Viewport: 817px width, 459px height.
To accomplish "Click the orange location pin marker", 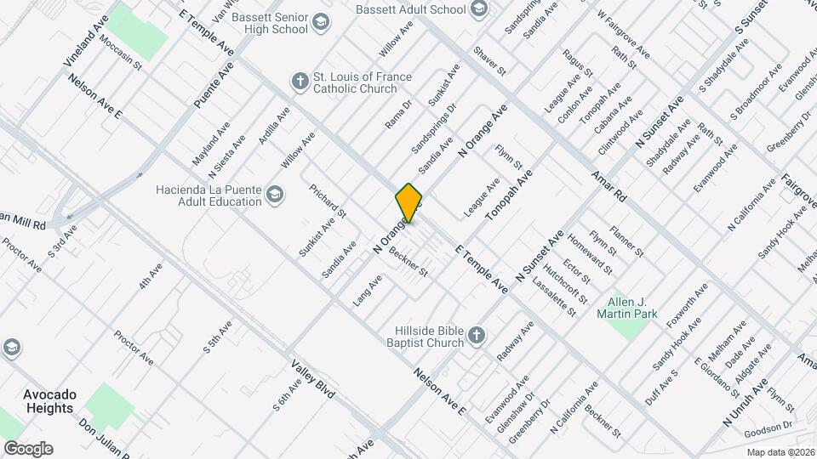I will point(408,202).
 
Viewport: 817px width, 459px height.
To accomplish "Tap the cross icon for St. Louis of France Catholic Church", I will point(300,82).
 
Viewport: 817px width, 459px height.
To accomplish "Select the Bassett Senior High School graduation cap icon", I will point(321,21).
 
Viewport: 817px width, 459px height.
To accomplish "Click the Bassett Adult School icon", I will point(479,9).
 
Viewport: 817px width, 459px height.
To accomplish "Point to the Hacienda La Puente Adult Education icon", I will point(275,195).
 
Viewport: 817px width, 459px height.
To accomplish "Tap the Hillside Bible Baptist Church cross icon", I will point(476,335).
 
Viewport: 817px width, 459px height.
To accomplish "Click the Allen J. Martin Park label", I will point(633,308).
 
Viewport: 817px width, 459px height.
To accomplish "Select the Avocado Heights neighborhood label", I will point(49,401).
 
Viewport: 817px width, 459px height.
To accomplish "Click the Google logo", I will point(28,449).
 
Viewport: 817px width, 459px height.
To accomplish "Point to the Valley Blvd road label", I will point(314,380).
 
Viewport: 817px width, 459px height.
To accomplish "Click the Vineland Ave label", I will point(87,40).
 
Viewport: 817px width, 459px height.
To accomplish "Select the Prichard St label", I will point(328,201).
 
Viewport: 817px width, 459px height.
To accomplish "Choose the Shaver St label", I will point(490,60).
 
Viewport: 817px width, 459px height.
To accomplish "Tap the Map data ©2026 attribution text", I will point(780,451).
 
